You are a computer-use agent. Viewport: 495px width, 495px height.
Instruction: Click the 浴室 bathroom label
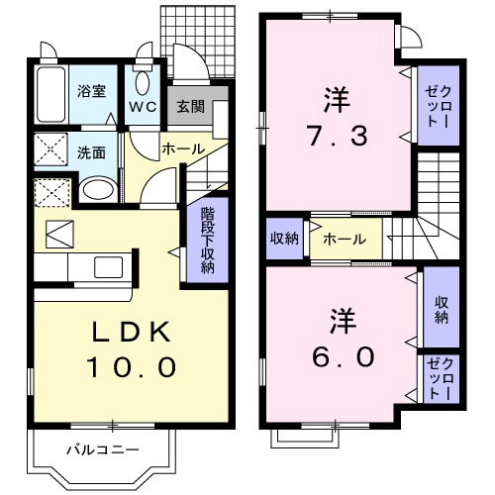(91, 90)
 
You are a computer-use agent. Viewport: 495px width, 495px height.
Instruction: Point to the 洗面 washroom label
(91, 153)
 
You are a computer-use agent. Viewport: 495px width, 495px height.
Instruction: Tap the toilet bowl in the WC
(143, 82)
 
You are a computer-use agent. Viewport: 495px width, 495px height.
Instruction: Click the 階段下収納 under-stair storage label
(208, 241)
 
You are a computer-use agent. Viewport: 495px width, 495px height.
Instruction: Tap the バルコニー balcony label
(103, 449)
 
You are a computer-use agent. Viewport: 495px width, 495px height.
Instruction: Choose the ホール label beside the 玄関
(183, 148)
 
